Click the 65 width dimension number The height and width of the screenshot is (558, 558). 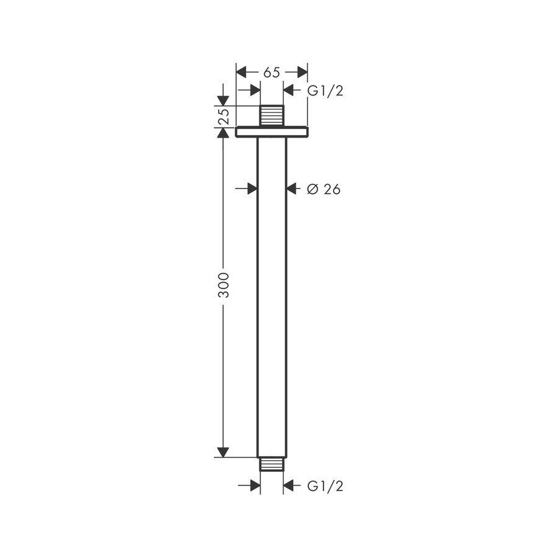coord(272,73)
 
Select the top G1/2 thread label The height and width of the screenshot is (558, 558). coord(325,91)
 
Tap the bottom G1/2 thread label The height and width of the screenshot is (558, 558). coord(325,486)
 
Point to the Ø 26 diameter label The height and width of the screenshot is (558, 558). coord(324,190)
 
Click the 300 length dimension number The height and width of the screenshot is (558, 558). coord(224,285)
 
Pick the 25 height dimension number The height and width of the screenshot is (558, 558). coord(224,116)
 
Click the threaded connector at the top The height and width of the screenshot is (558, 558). coord(272,115)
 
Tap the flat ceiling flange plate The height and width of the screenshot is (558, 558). coord(272,131)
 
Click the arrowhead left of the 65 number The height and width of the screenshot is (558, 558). coord(242,73)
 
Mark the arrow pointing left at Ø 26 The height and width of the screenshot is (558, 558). coord(293,188)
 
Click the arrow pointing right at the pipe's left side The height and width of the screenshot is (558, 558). coord(251,188)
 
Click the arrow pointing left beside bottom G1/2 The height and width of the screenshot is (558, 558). coord(290,485)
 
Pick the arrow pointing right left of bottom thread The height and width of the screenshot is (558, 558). coord(254,485)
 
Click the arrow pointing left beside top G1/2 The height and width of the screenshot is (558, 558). coord(290,91)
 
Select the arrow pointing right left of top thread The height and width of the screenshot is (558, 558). coord(254,91)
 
